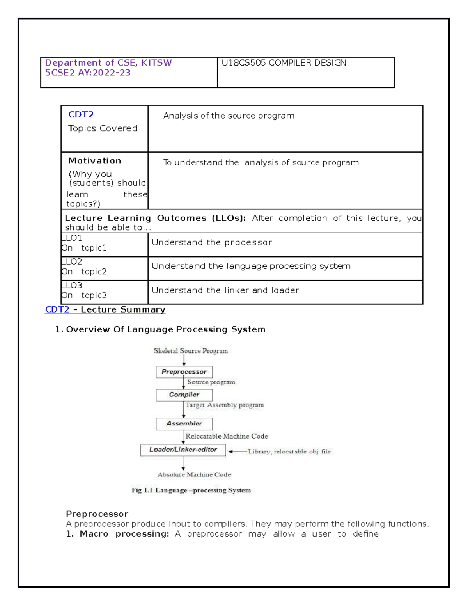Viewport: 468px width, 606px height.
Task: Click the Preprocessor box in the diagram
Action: (184, 372)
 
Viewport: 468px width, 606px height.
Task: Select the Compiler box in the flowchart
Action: (184, 395)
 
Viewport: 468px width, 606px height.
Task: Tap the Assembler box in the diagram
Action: (184, 423)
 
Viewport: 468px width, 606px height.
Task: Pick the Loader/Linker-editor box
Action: (183, 450)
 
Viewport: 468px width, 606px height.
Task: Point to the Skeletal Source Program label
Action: (191, 351)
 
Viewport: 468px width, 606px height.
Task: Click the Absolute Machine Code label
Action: (194, 475)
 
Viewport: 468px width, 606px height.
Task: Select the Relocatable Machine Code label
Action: (227, 436)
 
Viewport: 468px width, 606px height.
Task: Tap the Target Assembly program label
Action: (225, 405)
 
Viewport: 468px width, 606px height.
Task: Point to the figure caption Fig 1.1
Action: (191, 490)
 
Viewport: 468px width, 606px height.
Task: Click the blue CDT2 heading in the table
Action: (81, 115)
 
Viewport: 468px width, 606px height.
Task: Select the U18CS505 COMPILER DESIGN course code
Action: (284, 63)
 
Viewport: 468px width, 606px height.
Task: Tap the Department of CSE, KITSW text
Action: (108, 63)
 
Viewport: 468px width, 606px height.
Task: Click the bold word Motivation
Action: (94, 161)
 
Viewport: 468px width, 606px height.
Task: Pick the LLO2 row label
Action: (72, 261)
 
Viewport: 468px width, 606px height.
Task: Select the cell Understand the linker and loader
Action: (225, 290)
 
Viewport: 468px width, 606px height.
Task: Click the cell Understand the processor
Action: (212, 242)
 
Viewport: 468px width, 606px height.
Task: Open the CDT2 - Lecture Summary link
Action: (105, 309)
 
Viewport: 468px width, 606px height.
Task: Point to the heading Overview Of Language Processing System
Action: (165, 329)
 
